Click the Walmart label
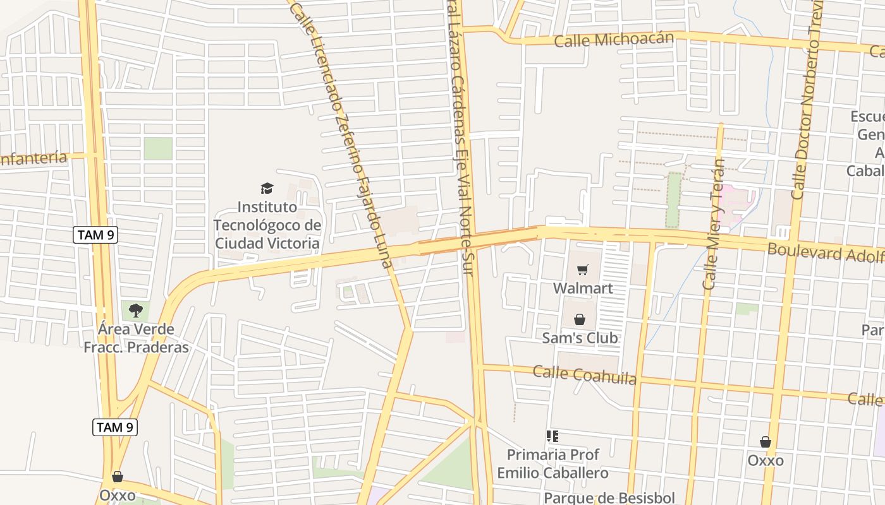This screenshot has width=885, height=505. coord(583,288)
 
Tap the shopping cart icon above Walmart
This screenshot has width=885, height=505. coord(582,270)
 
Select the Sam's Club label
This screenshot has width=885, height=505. coord(580,338)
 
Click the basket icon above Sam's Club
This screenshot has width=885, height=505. coord(579,320)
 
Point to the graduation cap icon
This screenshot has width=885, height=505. coord(267,188)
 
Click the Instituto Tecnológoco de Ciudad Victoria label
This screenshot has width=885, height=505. coord(267,225)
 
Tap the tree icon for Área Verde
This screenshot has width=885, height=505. coord(135,310)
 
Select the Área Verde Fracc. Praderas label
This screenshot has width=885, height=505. coord(136,338)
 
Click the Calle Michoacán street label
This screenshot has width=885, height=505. coord(614,40)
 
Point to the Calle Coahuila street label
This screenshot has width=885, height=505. coord(584,374)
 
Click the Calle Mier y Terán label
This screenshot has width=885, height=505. coord(714,224)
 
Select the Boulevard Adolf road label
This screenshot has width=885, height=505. coord(825,252)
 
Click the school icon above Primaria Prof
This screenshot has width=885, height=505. coord(552,436)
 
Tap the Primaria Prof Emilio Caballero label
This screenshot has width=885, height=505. coord(552,463)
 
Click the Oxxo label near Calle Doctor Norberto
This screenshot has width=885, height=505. coord(766,460)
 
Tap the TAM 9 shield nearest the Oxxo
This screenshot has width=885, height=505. coord(115,427)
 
